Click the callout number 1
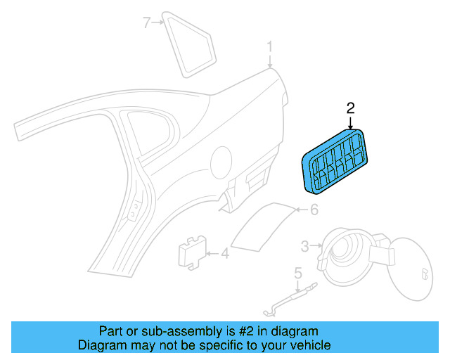click(x=269, y=48)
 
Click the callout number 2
click(x=351, y=108)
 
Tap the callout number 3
click(x=304, y=246)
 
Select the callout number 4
click(x=224, y=254)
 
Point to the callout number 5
click(x=297, y=272)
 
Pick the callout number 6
click(x=314, y=210)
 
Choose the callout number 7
click(x=147, y=23)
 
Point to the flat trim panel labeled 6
click(x=260, y=224)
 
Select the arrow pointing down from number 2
click(x=351, y=122)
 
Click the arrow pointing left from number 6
click(x=300, y=210)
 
